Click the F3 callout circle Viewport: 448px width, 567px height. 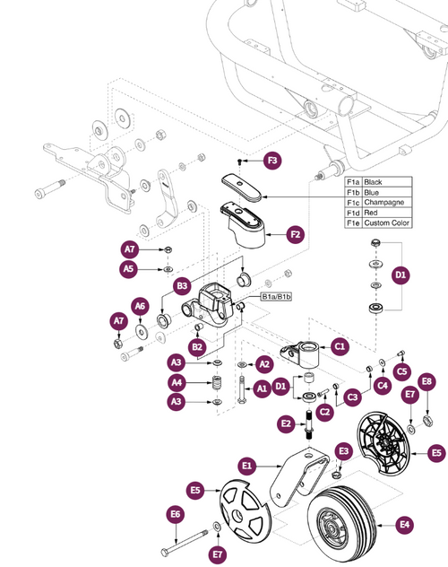[x=273, y=161]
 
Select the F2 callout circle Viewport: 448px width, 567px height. [x=295, y=236]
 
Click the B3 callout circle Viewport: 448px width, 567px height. [x=182, y=286]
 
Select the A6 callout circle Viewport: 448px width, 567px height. [x=141, y=306]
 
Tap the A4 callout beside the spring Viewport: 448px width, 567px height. [x=178, y=382]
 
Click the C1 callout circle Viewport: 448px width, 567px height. [x=339, y=345]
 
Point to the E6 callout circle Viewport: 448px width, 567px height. [x=176, y=514]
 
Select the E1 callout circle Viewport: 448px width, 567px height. [x=248, y=466]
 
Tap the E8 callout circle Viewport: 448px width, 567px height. [x=426, y=381]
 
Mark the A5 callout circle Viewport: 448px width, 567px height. [x=129, y=267]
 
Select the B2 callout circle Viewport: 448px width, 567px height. [x=197, y=346]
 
